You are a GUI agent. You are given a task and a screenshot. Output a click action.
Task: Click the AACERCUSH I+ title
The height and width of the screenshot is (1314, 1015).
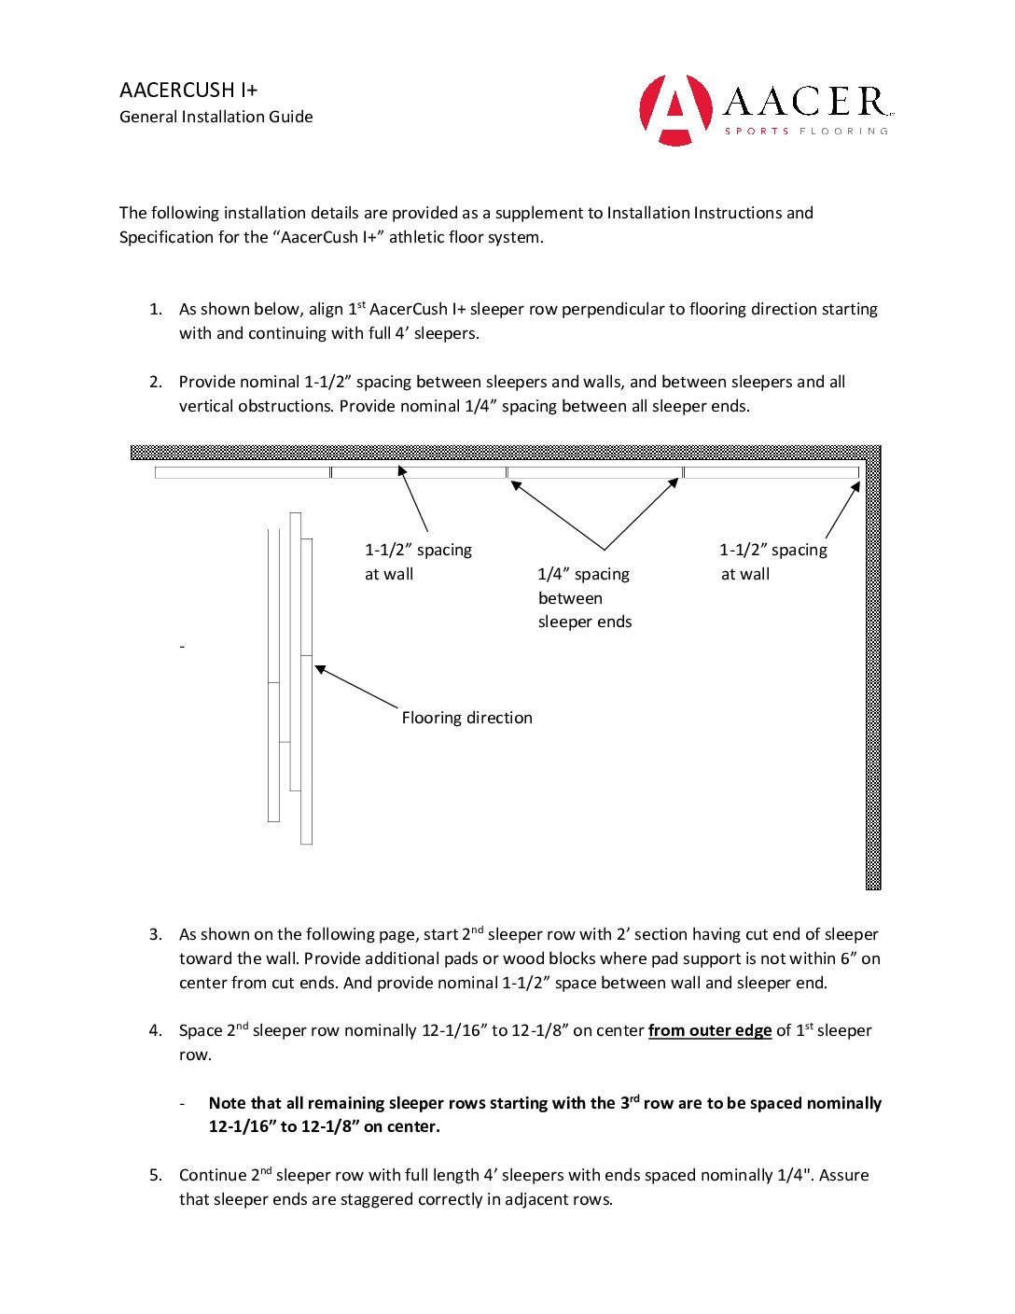pos(188,91)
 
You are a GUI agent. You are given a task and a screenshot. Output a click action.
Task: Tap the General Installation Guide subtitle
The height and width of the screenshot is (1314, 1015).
pos(216,117)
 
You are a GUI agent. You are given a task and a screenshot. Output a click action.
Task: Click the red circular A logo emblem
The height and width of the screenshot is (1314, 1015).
pos(675,110)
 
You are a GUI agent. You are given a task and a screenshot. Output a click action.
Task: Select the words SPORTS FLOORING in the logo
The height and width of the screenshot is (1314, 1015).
pos(806,132)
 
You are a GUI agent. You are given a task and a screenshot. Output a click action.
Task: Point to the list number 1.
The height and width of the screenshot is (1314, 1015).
pos(155,309)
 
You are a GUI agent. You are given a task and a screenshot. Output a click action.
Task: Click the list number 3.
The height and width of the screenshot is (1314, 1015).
pos(155,934)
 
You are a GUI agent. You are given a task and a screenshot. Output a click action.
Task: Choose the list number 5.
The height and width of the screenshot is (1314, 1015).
pos(155,1175)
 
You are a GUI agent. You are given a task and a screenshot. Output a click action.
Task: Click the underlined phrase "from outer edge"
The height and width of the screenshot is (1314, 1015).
pos(710,1030)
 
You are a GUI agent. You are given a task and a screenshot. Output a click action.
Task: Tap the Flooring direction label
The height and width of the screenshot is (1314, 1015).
pos(466,718)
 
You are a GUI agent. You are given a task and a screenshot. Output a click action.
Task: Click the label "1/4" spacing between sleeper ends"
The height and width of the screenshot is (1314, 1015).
pos(584,598)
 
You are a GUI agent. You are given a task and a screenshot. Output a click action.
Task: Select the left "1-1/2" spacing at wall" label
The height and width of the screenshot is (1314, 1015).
pos(418,562)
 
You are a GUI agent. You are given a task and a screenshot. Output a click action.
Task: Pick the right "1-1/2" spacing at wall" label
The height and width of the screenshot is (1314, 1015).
pos(772,562)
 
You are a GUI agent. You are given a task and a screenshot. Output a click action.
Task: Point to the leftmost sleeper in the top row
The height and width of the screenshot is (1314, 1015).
pos(243,472)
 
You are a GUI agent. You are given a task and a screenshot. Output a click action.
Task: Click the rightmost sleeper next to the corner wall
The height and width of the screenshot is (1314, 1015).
pos(771,472)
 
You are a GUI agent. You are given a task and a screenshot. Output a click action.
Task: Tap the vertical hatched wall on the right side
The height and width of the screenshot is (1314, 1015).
pos(873,672)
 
